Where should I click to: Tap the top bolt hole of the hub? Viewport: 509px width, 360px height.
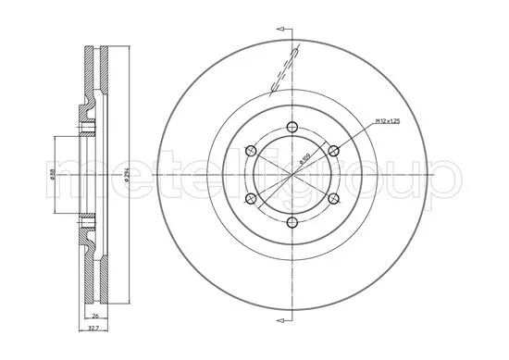pos(291,128)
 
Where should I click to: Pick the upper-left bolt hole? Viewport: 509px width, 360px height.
pos(251,151)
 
